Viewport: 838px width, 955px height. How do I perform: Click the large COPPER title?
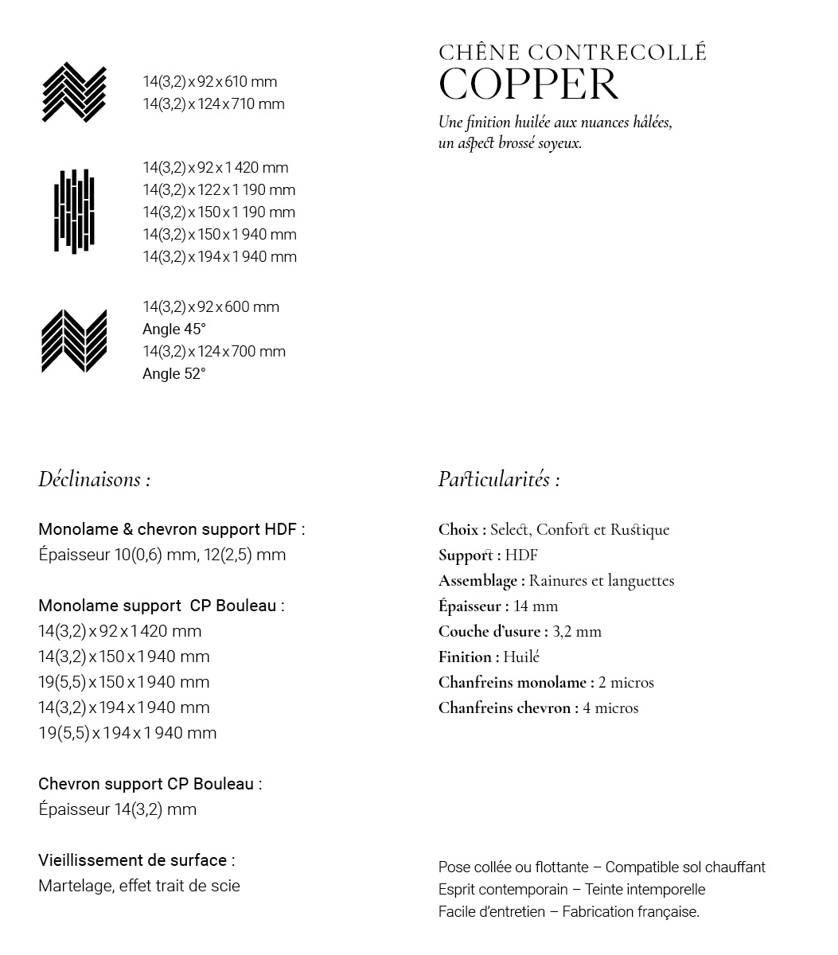coord(528,85)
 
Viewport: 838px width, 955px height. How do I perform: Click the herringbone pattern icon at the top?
coord(74,92)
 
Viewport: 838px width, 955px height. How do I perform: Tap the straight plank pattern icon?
coord(74,211)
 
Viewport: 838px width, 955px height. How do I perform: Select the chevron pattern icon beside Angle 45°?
coord(74,341)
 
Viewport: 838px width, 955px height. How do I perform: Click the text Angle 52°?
coord(173,374)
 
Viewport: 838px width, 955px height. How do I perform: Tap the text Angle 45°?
coord(173,329)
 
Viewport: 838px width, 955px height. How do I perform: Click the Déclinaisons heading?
coord(94,479)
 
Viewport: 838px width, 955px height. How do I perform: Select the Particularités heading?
coord(498,479)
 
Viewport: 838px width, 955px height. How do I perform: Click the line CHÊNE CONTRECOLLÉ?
coord(572,53)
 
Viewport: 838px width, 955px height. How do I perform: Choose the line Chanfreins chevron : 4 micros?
coord(538,707)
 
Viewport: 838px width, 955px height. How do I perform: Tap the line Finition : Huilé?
coord(489,657)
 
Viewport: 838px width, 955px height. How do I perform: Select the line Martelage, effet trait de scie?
coord(139,886)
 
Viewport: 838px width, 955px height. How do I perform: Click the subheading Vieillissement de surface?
coord(135,860)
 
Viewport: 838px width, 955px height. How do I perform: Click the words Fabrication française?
coord(630,912)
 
